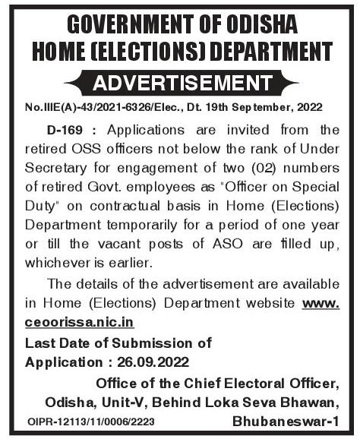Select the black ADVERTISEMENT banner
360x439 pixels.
[179, 81]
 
